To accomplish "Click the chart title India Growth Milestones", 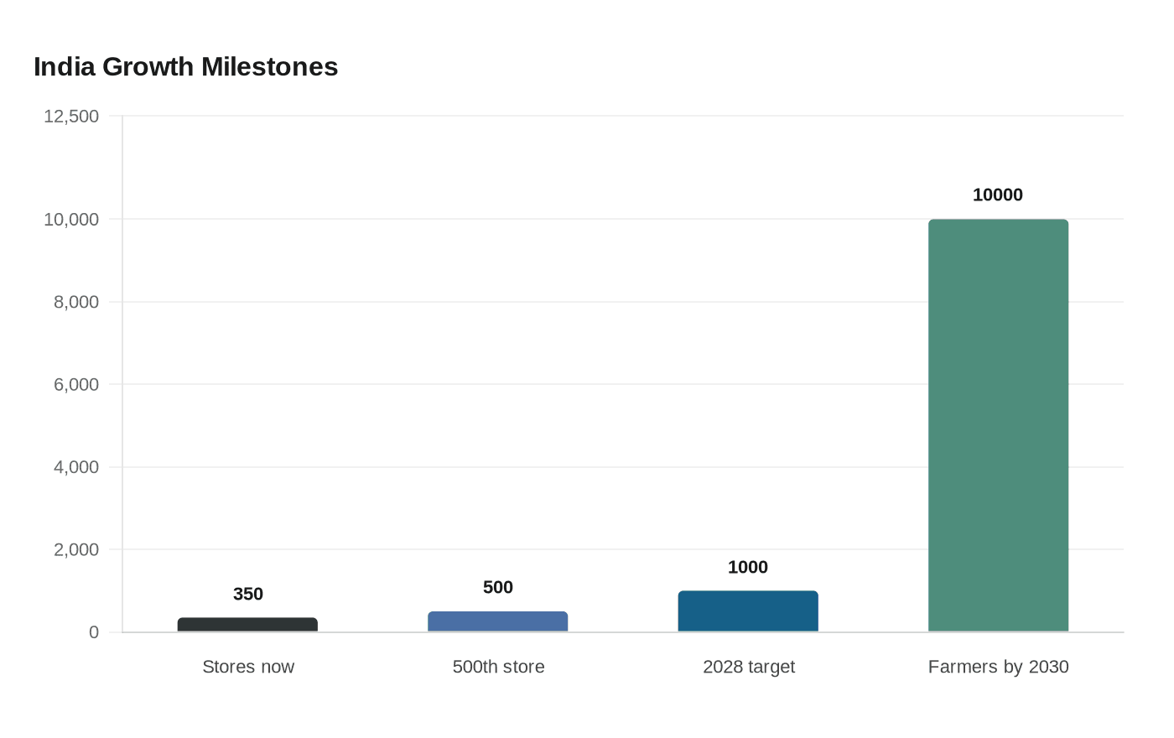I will pos(185,67).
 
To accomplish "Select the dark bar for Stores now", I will pos(247,625).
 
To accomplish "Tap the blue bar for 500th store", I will pos(498,621).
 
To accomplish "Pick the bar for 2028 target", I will pos(748,611).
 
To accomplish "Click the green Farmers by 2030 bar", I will pos(998,425).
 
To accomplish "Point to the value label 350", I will pos(248,594).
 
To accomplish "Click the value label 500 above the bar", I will pos(498,587).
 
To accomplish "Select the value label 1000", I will pos(748,567).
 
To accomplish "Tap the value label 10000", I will pos(998,195).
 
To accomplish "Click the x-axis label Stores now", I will pos(248,667).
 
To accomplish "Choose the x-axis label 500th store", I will pos(498,667).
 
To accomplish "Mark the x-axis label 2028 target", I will pos(749,667).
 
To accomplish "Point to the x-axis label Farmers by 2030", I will pos(998,667).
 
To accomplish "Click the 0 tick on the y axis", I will pos(94,632).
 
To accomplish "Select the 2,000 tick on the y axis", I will pos(76,549).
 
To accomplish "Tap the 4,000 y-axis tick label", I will pos(76,467).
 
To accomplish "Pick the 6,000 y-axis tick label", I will pos(76,384).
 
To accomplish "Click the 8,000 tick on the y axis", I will pos(76,302).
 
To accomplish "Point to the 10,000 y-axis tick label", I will pos(71,219).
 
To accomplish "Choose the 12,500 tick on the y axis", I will pos(71,116).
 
